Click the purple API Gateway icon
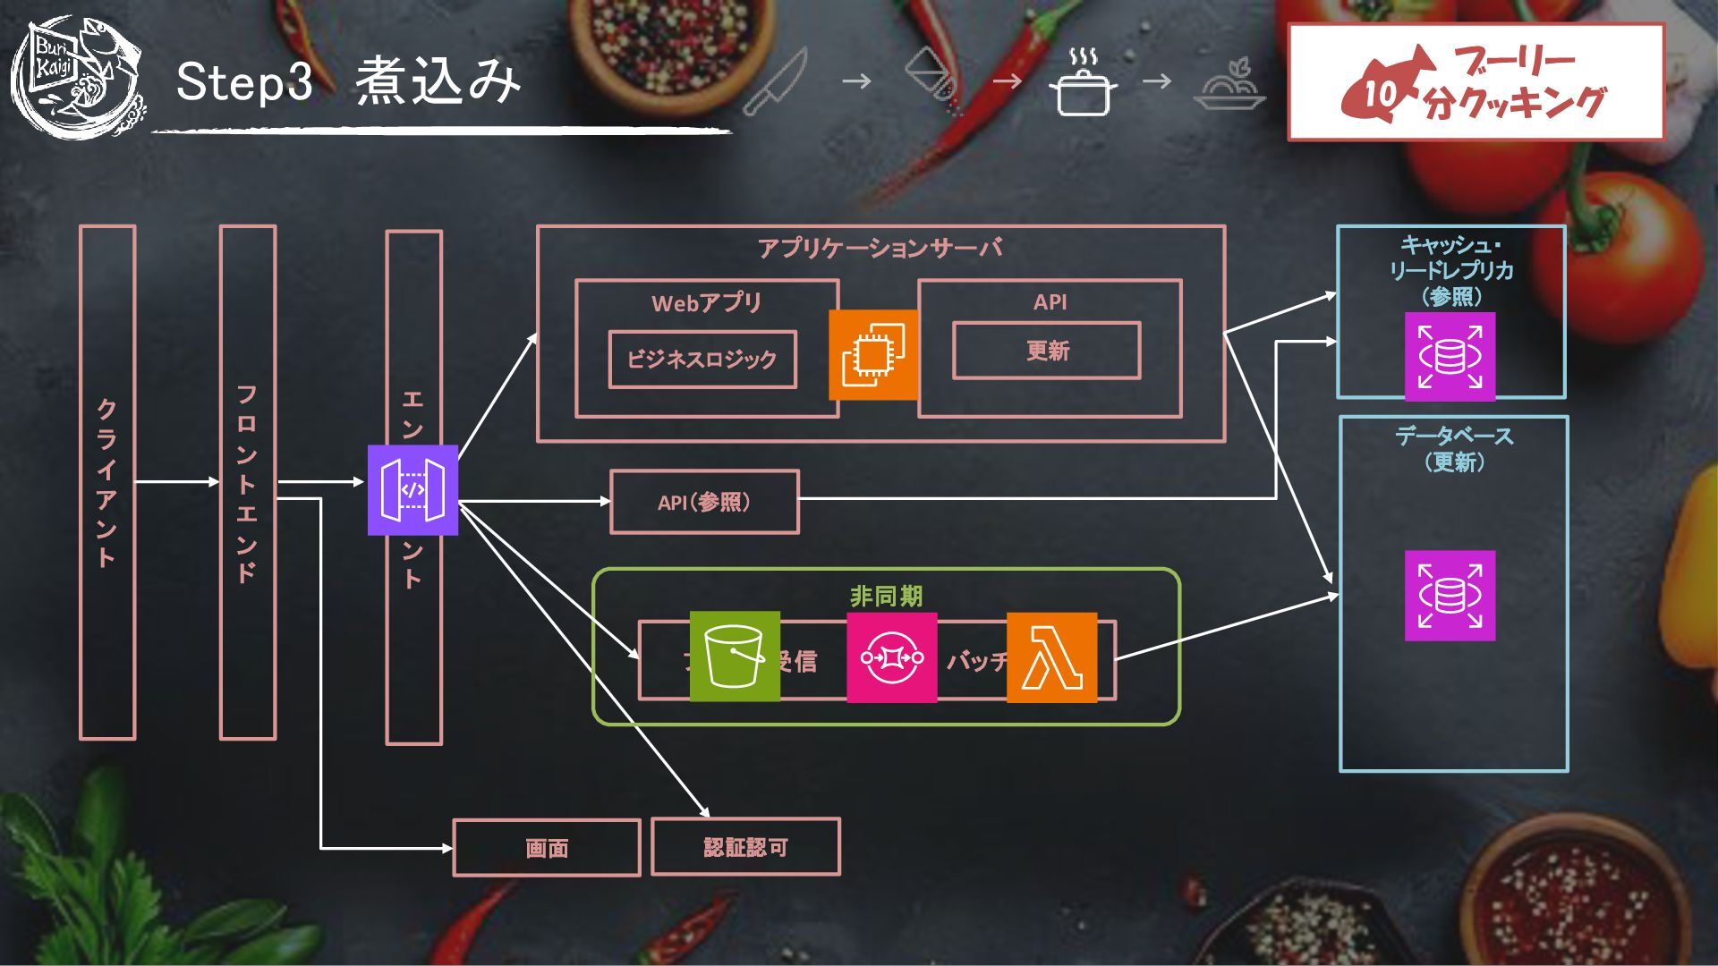point(412,490)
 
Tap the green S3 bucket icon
point(735,657)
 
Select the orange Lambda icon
point(1051,657)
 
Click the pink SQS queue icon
point(891,657)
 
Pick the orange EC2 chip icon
point(873,354)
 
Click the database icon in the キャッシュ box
point(1450,356)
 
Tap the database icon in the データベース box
point(1450,596)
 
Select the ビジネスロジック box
point(702,360)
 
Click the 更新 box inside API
point(1046,351)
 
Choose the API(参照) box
point(704,502)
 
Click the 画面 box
point(547,847)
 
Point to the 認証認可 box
point(745,846)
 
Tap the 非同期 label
point(886,596)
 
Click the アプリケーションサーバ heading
point(880,248)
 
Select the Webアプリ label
point(706,302)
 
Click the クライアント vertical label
point(106,483)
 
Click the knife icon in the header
point(775,82)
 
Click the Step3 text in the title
point(243,81)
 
